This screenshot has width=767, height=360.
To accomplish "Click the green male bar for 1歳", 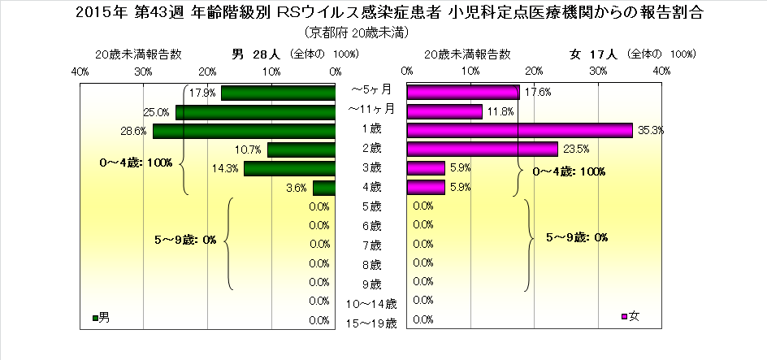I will [x=244, y=131].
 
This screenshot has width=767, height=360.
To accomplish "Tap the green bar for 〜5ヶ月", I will [x=278, y=93].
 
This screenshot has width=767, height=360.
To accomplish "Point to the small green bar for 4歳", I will [x=324, y=188].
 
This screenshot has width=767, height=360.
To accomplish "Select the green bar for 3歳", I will [x=289, y=168].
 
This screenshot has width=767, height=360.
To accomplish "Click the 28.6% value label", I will [x=134, y=131].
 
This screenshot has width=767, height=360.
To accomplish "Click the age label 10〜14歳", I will [x=371, y=304].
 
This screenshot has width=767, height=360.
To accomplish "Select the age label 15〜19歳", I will [x=371, y=323].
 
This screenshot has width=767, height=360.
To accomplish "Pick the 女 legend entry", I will [x=630, y=316].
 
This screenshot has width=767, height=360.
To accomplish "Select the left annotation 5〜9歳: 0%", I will [x=185, y=240].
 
